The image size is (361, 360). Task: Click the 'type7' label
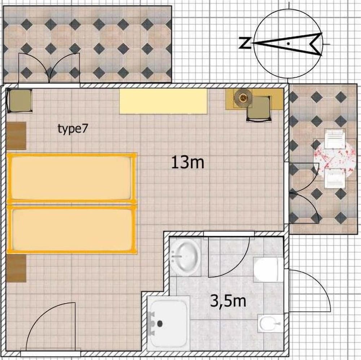73,129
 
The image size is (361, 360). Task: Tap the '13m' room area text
188,162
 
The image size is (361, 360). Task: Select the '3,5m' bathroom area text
228,301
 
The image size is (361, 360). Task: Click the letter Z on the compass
245,43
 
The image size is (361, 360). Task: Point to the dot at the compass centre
288,43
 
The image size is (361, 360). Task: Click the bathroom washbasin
185,257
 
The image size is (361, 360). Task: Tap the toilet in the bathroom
268,269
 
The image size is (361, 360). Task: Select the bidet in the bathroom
270,323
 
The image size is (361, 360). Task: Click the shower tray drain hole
160,324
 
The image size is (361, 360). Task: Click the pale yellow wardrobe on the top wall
163,101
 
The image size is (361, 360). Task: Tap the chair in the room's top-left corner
19,101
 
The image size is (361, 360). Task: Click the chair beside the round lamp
259,109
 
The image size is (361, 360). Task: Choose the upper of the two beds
72,178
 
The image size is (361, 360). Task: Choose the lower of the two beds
72,229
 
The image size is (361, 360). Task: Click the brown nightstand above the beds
16,136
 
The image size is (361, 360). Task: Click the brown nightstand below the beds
16,268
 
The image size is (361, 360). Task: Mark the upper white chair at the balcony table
335,139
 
